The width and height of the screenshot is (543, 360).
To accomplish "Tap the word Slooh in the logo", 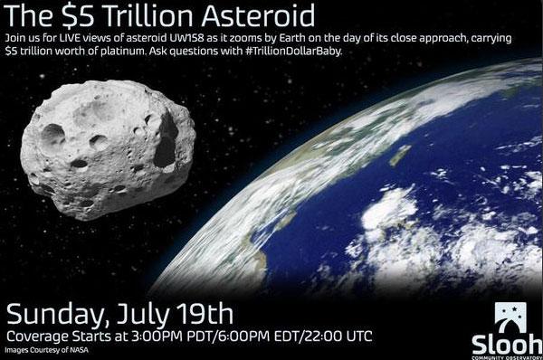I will [x=504, y=341].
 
